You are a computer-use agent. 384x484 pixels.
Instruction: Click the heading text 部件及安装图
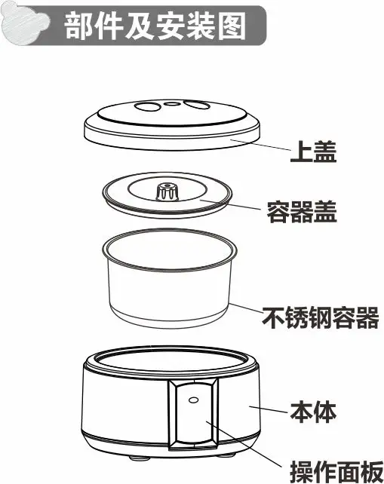click(155, 26)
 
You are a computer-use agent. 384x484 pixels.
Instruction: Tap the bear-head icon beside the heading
click(26, 23)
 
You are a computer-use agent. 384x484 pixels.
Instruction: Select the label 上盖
click(313, 152)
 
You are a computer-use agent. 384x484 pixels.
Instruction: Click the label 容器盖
click(302, 212)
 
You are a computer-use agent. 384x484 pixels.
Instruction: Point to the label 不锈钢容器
click(321, 317)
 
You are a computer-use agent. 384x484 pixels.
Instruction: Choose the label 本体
click(313, 412)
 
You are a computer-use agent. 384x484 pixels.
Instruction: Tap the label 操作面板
click(336, 472)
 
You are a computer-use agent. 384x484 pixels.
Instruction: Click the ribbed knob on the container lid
click(167, 191)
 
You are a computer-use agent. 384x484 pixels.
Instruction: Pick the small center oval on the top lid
click(171, 103)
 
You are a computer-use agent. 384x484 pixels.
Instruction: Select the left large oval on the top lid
click(147, 106)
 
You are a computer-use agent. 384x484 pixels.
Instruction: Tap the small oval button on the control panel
click(193, 400)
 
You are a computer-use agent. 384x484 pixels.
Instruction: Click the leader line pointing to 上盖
click(260, 145)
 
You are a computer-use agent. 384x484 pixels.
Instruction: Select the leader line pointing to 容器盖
click(229, 204)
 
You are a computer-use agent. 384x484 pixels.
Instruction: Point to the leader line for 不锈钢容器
click(246, 308)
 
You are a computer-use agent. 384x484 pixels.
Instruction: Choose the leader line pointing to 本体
click(269, 409)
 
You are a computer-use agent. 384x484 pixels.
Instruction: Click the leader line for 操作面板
click(244, 445)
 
